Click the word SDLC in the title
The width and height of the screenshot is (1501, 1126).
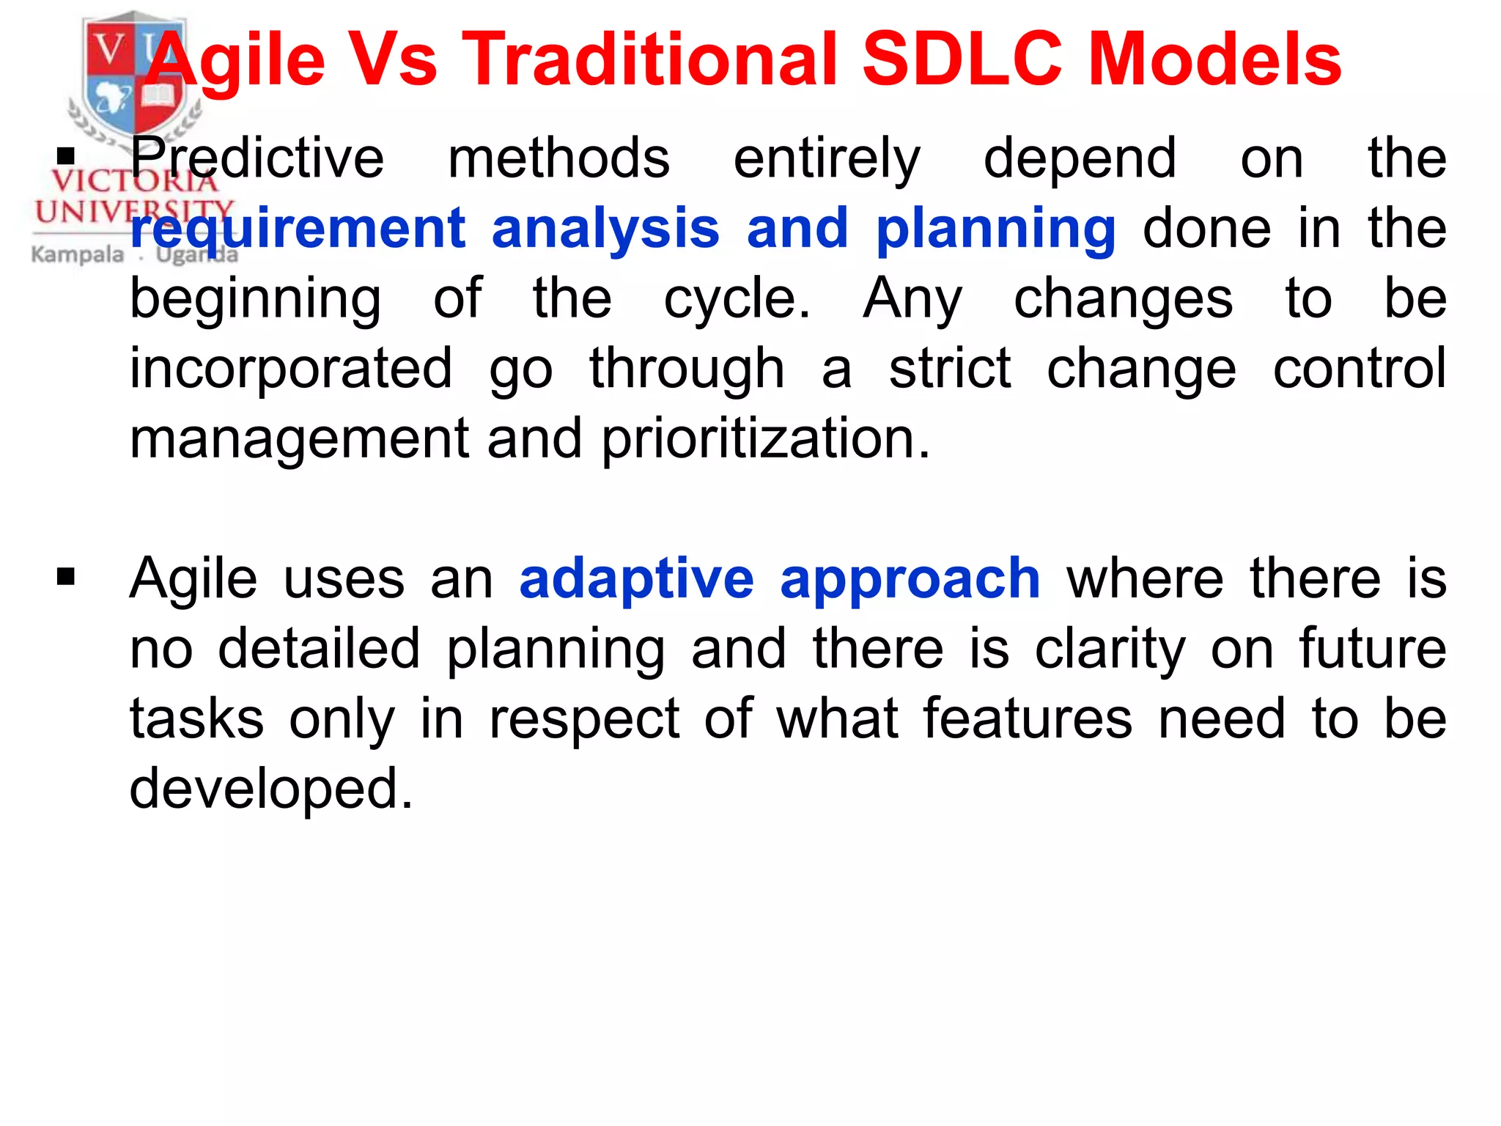tap(962, 60)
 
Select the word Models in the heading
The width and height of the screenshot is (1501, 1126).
tap(1214, 60)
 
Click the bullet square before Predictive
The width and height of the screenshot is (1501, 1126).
tap(66, 155)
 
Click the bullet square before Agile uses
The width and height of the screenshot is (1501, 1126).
tap(66, 576)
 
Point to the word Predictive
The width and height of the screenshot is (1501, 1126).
tap(257, 158)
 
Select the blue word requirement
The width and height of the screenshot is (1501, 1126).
tap(298, 229)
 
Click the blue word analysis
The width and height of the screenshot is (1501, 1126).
tap(605, 229)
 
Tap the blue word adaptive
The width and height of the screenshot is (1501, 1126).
tap(636, 579)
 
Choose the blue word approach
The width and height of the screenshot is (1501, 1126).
tap(910, 579)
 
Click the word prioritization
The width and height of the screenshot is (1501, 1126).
tap(766, 438)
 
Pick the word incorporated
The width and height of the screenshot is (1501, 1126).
tap(291, 369)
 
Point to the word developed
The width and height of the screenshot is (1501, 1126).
tap(271, 789)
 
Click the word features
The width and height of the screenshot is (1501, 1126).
tap(1028, 718)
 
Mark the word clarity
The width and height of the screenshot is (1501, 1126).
tap(1110, 650)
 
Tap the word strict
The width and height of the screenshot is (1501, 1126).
tap(950, 369)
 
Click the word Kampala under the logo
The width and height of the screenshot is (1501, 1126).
tap(78, 255)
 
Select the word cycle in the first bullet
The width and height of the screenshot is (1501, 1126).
tap(736, 299)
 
